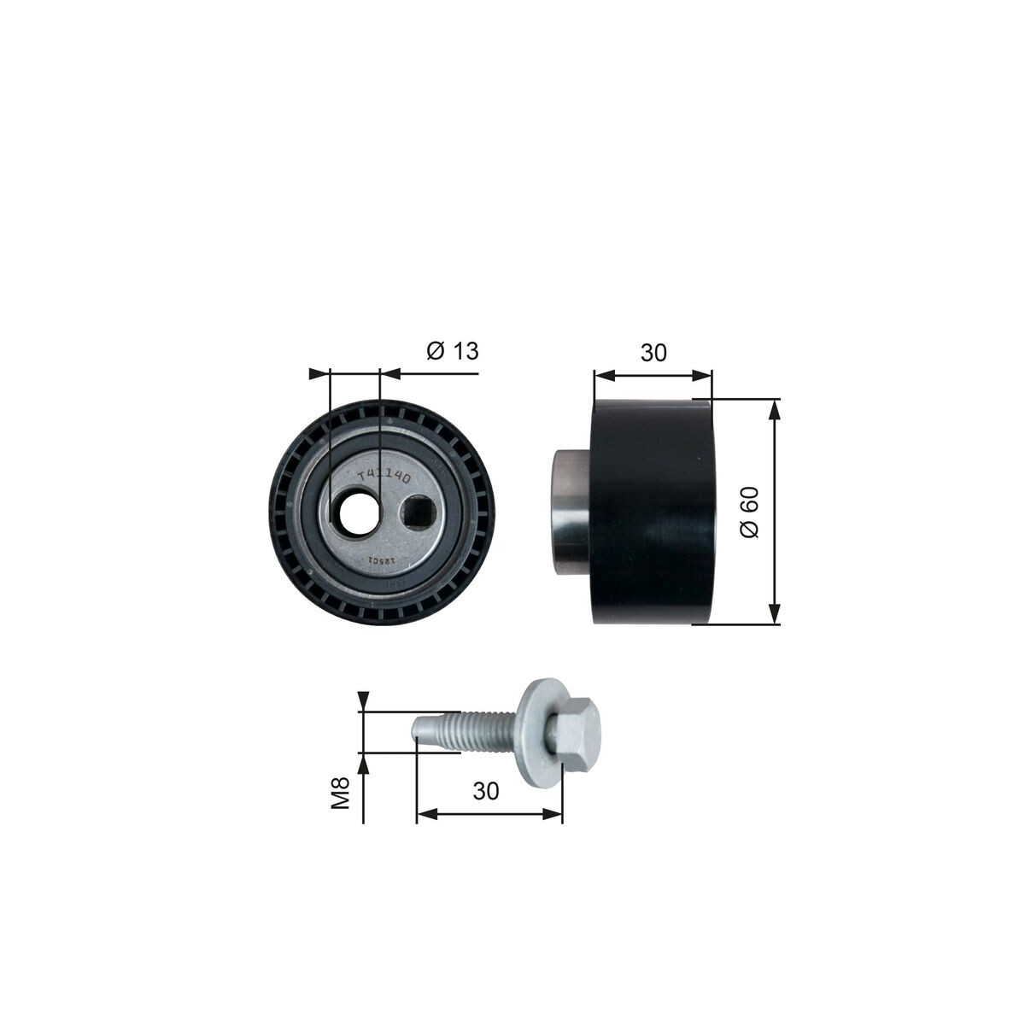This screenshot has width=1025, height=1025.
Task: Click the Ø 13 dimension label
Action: [x=452, y=351]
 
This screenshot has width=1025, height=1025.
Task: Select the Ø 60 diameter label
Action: [x=750, y=512]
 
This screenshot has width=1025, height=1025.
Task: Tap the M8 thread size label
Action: [x=342, y=793]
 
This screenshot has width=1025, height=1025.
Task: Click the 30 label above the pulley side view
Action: [x=653, y=352]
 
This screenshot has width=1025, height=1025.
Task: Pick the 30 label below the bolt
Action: [x=485, y=791]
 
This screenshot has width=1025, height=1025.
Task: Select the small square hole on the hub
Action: [x=418, y=512]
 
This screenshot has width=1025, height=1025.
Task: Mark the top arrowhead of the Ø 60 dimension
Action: [x=775, y=408]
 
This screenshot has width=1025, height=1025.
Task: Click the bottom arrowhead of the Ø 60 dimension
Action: [x=775, y=615]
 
